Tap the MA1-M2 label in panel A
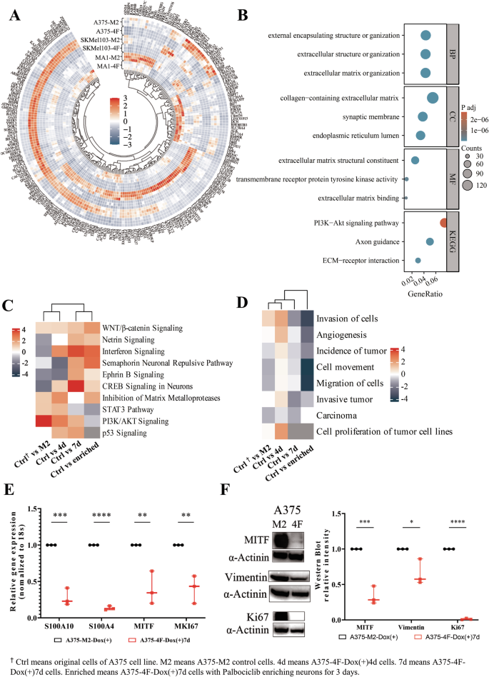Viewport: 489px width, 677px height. (108, 56)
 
